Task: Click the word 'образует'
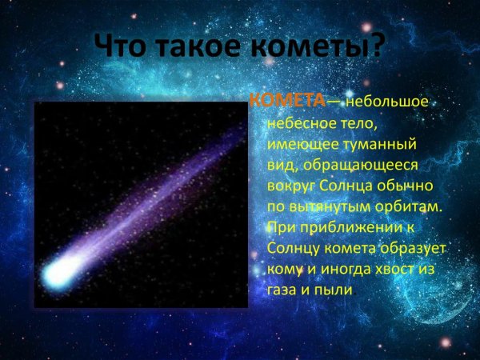(406, 248)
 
